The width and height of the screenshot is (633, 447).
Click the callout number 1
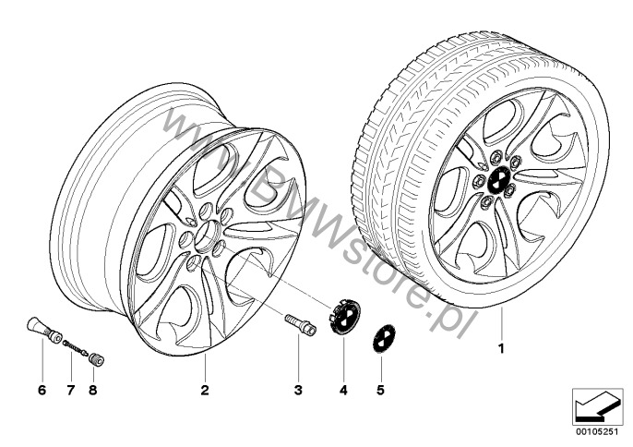click(501, 348)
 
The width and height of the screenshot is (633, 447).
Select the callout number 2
click(205, 390)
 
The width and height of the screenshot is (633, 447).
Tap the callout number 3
click(298, 390)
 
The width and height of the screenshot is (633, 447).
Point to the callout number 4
click(343, 390)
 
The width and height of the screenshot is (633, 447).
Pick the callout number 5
click(380, 390)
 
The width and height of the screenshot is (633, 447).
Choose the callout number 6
click(42, 390)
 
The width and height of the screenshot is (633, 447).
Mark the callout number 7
click(71, 390)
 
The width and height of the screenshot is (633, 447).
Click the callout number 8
click(93, 390)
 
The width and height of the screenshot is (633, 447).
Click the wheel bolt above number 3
click(301, 324)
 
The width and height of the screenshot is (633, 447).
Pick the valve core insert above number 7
click(76, 348)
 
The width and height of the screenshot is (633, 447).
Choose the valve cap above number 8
click(97, 359)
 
